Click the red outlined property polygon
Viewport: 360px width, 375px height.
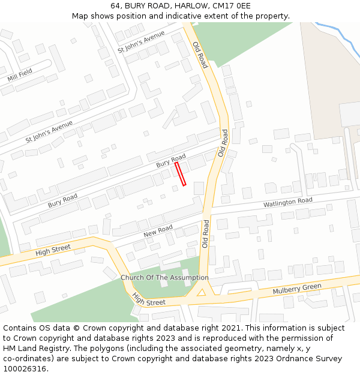point(180,173)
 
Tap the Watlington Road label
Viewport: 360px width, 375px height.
point(288,202)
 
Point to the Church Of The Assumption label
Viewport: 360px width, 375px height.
point(164,278)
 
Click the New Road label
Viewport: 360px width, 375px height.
point(158,230)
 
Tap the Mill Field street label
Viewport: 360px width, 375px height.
point(20,76)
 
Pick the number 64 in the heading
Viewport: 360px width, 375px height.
point(116,6)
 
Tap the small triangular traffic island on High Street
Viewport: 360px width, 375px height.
point(202,293)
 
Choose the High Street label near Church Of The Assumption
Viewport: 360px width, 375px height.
point(148,299)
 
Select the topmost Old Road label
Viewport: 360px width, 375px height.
point(200,54)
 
